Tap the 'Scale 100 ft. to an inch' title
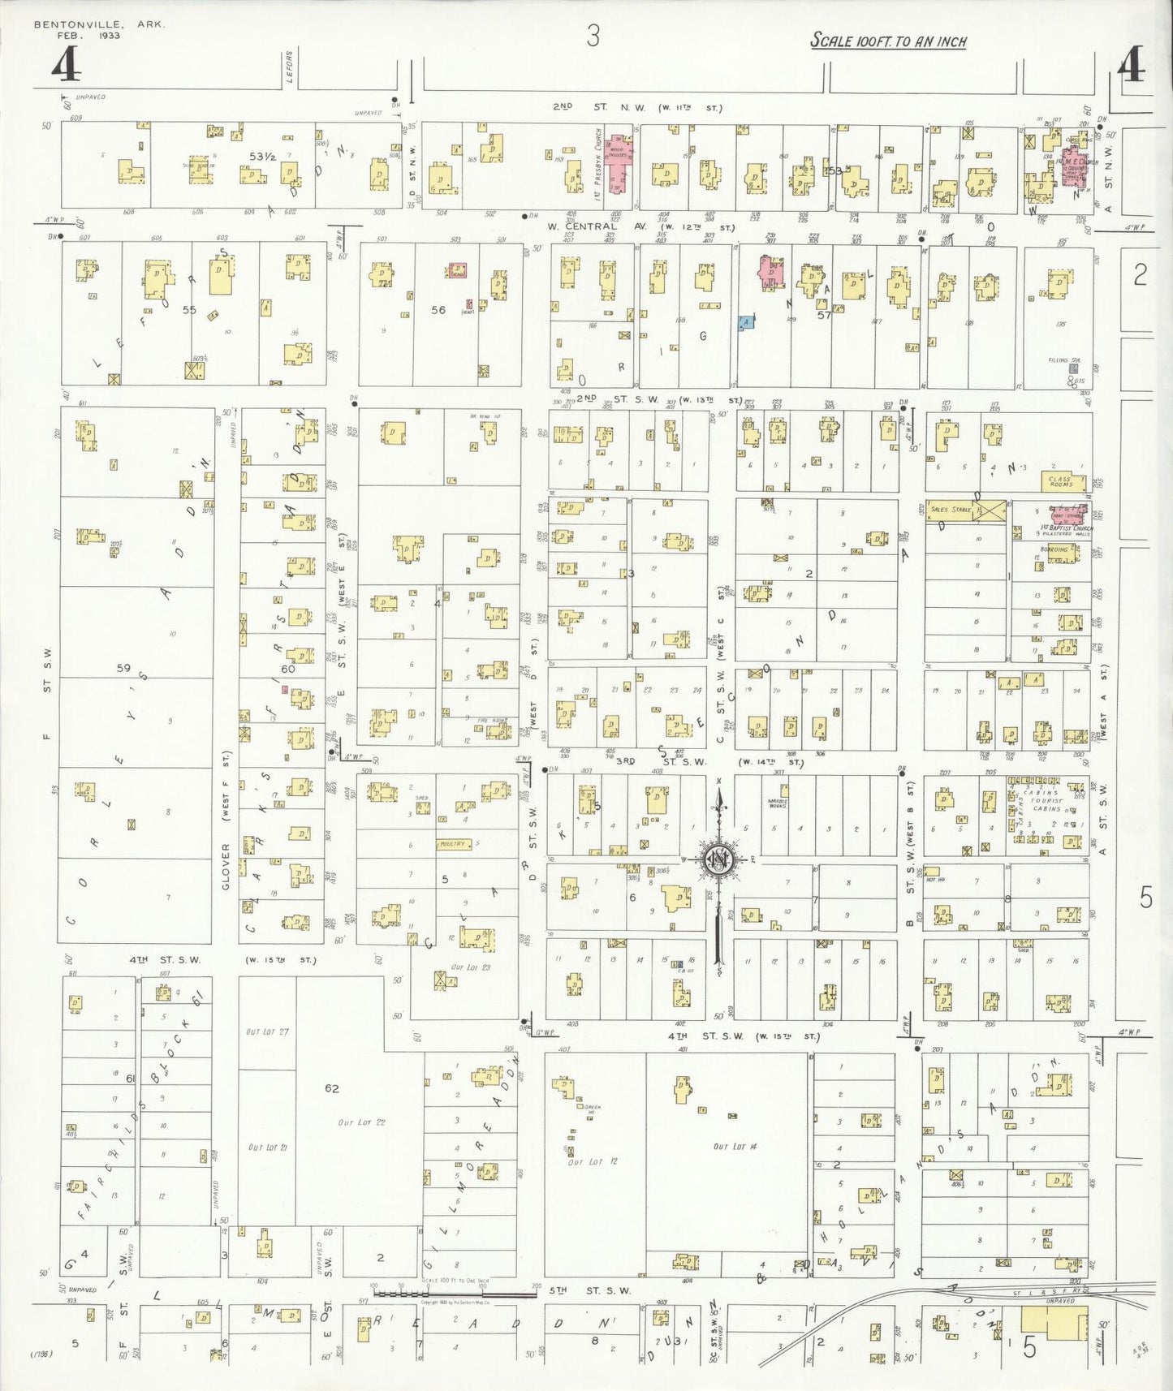[x=888, y=41]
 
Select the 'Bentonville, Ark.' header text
[x=99, y=24]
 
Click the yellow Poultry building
[x=453, y=844]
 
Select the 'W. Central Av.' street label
[x=581, y=226]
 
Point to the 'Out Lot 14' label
[x=735, y=1147]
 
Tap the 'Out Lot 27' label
[x=267, y=1031]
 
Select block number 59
[x=123, y=668]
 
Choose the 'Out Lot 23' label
[x=471, y=967]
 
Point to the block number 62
[x=331, y=1088]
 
